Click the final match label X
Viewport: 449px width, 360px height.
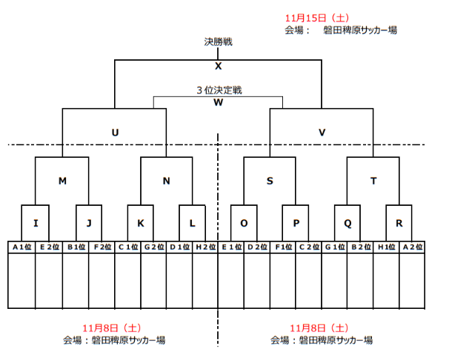pyautogui.click(x=219, y=66)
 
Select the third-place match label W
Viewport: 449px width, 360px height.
pyautogui.click(x=218, y=102)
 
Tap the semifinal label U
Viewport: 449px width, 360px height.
pyautogui.click(x=114, y=132)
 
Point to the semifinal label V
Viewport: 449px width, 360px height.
pyautogui.click(x=322, y=132)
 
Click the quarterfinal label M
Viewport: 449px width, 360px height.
pyautogui.click(x=62, y=180)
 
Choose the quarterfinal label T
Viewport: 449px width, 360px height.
pyautogui.click(x=373, y=180)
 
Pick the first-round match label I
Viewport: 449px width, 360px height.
pyautogui.click(x=36, y=222)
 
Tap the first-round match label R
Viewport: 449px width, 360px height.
pyautogui.click(x=399, y=222)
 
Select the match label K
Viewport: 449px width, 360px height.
pyautogui.click(x=140, y=222)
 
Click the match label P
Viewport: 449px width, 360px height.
pyautogui.click(x=296, y=222)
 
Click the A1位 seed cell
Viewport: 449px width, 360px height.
pyautogui.click(x=22, y=247)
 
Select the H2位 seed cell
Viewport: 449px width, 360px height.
pyautogui.click(x=204, y=247)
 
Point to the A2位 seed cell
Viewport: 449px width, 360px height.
pyautogui.click(x=413, y=247)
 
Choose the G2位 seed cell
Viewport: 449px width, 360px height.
pyautogui.click(x=153, y=247)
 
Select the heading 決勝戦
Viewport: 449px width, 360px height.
pyautogui.click(x=219, y=42)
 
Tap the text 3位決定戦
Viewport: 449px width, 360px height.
pyautogui.click(x=219, y=90)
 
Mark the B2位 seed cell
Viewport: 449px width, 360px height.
pyautogui.click(x=360, y=247)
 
